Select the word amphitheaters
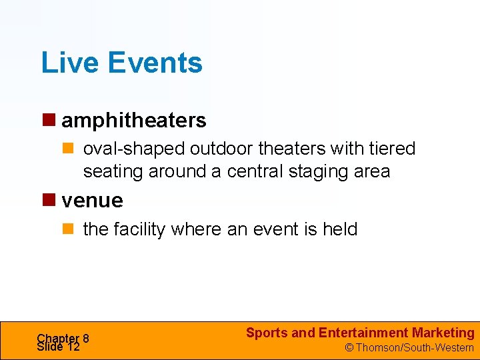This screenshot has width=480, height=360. point(134,121)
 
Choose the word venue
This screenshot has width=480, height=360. point(92,200)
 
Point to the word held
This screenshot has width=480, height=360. point(340,229)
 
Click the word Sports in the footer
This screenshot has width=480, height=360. point(267,333)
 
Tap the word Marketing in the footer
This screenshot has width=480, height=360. point(443,333)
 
